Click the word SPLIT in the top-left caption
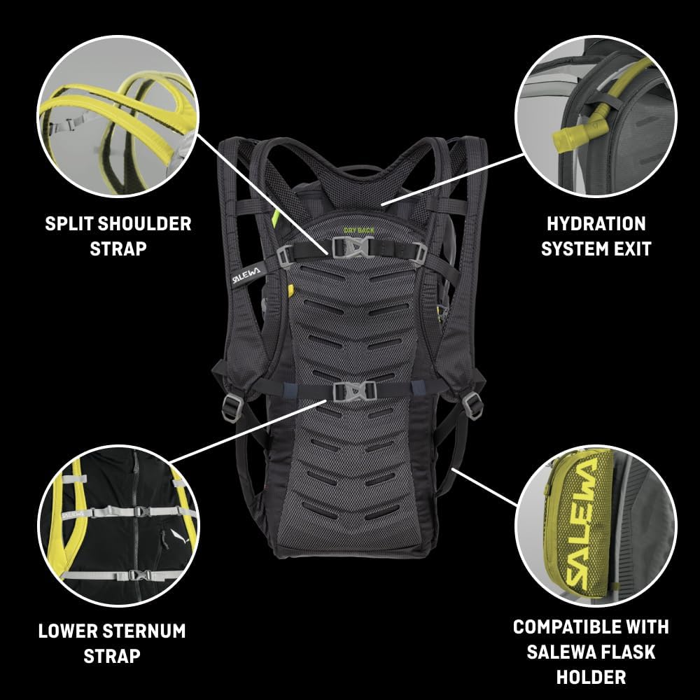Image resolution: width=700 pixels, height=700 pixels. (x=69, y=224)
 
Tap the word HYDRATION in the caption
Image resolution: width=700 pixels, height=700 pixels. (x=596, y=224)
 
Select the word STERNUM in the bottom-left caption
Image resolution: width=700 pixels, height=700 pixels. (x=143, y=631)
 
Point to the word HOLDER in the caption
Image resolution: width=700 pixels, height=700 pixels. (x=591, y=677)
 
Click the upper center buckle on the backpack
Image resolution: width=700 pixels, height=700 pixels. (x=353, y=246)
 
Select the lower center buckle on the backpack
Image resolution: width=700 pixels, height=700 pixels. (x=355, y=391)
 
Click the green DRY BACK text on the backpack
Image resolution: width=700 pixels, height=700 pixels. (x=359, y=230)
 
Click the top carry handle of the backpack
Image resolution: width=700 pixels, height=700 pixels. (x=355, y=170)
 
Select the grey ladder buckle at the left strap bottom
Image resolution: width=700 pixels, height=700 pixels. (x=232, y=408)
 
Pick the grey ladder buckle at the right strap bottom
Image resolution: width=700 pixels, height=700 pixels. (x=473, y=406)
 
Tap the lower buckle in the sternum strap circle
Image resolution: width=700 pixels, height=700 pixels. (x=138, y=575)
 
